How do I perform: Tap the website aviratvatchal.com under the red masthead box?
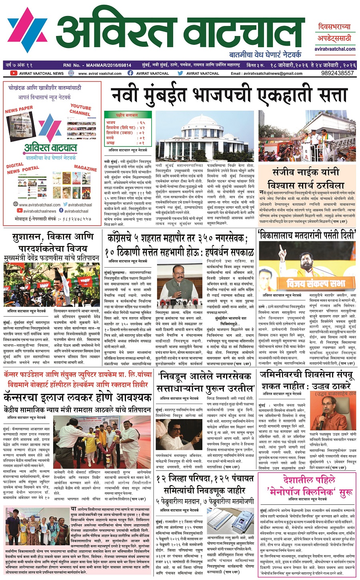[334, 49]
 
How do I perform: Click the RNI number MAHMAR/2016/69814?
[108, 64]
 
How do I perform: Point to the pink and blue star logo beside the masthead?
[27, 30]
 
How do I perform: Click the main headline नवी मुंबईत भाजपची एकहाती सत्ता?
[229, 95]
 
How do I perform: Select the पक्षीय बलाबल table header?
[124, 114]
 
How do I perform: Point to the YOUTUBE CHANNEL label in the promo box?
[80, 110]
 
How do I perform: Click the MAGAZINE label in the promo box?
[85, 168]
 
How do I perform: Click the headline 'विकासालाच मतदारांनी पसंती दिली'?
[307, 235]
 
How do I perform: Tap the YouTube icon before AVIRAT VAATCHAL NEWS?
[14, 73]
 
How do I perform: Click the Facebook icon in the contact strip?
[130, 73]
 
